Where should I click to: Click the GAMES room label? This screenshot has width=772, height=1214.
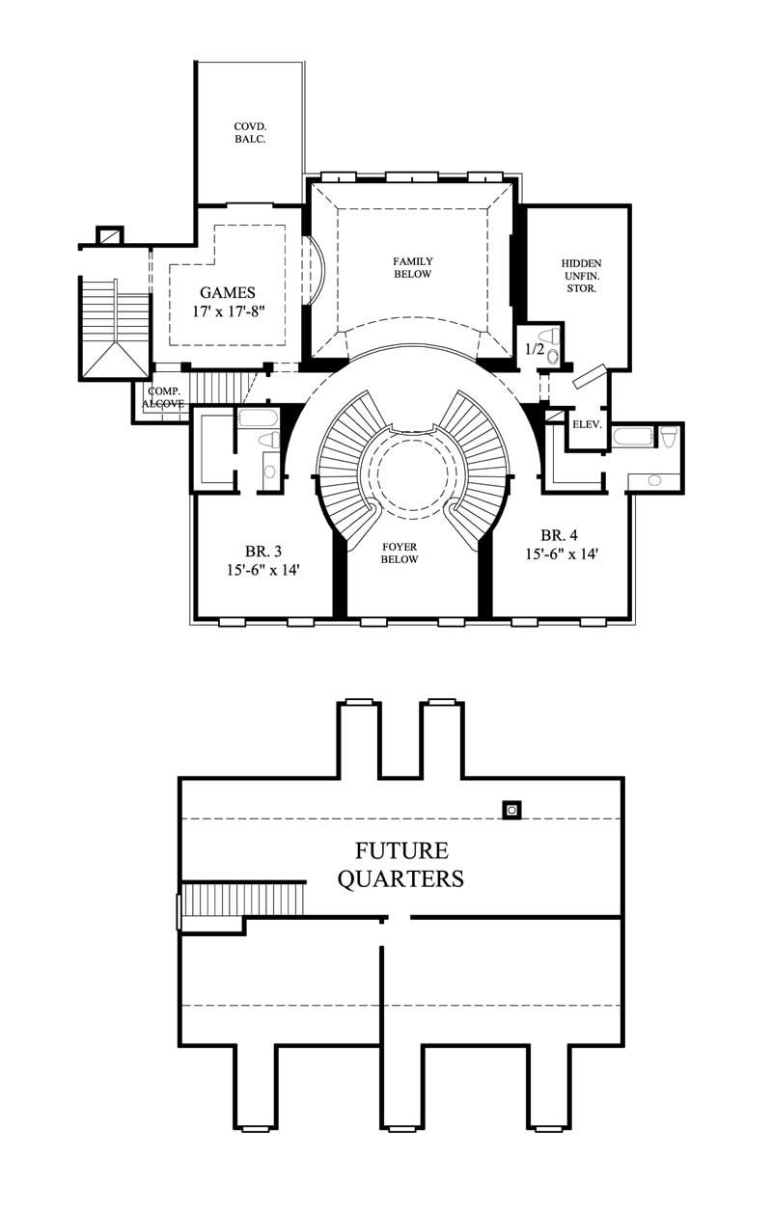pyautogui.click(x=228, y=292)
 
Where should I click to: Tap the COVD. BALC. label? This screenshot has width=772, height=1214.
pyautogui.click(x=249, y=132)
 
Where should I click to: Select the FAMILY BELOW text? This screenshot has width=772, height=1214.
pyautogui.click(x=412, y=267)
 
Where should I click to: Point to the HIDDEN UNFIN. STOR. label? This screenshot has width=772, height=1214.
pyautogui.click(x=581, y=275)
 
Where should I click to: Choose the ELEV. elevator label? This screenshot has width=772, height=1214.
pyautogui.click(x=587, y=423)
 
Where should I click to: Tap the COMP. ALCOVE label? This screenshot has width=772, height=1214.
pyautogui.click(x=164, y=397)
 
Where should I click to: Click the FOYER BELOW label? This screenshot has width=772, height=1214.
pyautogui.click(x=399, y=553)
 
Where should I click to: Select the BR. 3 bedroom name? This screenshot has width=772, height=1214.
pyautogui.click(x=262, y=552)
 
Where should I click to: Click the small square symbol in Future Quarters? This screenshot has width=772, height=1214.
pyautogui.click(x=510, y=810)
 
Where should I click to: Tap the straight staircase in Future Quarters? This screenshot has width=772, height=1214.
pyautogui.click(x=243, y=899)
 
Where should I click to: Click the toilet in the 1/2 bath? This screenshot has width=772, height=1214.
pyautogui.click(x=553, y=356)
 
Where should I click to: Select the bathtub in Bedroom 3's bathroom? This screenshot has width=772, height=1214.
pyautogui.click(x=258, y=418)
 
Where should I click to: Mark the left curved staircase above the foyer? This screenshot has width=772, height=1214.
pyautogui.click(x=350, y=463)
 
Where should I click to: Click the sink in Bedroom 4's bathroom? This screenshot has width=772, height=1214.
pyautogui.click(x=655, y=479)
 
